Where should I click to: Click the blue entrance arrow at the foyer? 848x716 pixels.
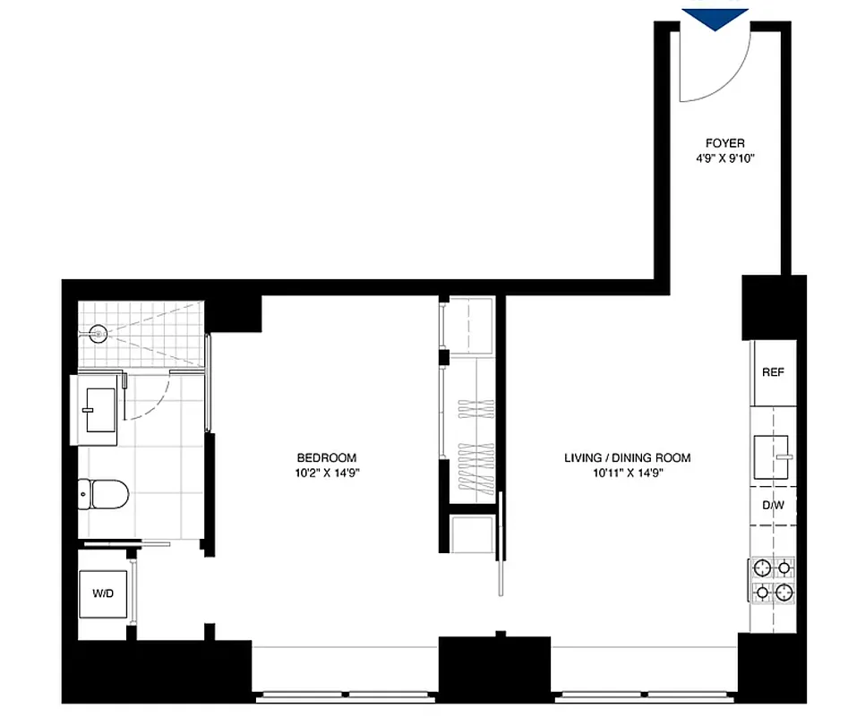[x=715, y=18]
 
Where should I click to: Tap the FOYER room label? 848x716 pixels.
[x=724, y=143]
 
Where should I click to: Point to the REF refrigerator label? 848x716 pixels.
[x=772, y=372]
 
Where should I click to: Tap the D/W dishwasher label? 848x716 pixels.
[x=772, y=506]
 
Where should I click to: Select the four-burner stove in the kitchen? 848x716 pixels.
[x=773, y=579]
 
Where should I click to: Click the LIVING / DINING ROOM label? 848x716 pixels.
[x=627, y=458]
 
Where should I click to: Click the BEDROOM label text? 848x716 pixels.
[x=327, y=456]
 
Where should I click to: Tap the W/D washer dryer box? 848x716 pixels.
[x=103, y=592]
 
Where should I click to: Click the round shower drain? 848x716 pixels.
[x=99, y=335]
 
